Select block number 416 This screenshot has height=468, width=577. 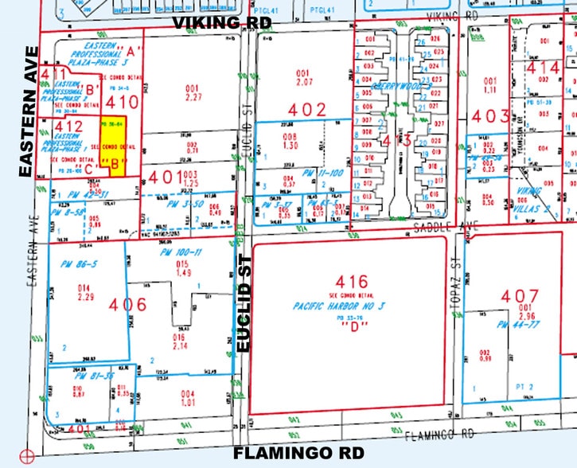point(352,282)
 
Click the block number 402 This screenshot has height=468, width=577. point(307,110)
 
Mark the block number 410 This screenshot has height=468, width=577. point(123,103)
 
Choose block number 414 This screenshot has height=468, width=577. point(544,69)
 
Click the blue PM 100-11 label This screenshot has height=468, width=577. point(181,252)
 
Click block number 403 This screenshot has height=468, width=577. point(489,116)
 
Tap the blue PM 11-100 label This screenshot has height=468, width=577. point(307,173)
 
